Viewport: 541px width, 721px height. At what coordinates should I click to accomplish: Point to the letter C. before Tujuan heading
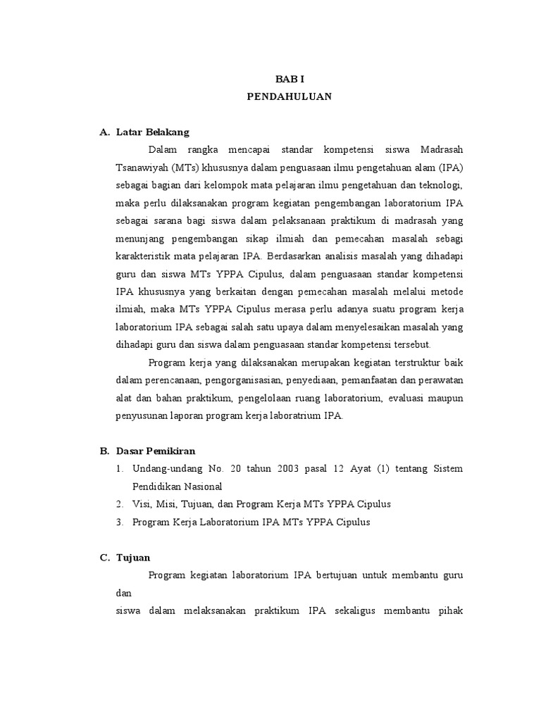[104, 558]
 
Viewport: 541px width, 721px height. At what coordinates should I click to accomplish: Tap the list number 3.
[120, 522]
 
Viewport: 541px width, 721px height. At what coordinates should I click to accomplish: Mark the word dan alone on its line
[124, 593]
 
